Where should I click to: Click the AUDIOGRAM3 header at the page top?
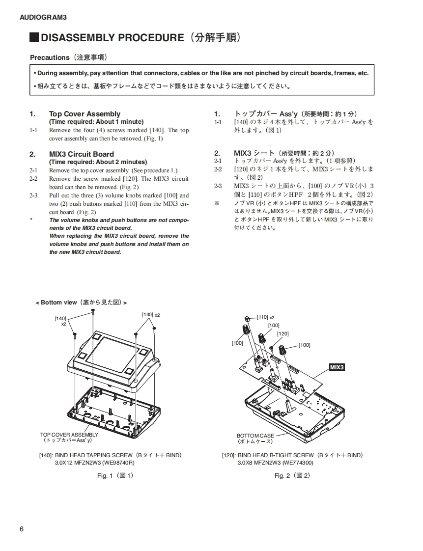[x=43, y=17]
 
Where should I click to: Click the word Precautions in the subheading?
[x=50, y=57]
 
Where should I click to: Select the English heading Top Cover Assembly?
[x=85, y=114]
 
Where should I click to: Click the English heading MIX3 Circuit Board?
[x=81, y=154]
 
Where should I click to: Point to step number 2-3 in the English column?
[x=33, y=195]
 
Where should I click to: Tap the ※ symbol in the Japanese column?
[x=217, y=203]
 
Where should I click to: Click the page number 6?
[x=22, y=529]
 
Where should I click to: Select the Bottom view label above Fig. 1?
[x=58, y=303]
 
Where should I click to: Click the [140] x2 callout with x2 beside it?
[x=151, y=314]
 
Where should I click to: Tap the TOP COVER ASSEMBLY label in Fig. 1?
[x=69, y=435]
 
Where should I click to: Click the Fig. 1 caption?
[x=115, y=475]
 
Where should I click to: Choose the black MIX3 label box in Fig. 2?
[x=337, y=367]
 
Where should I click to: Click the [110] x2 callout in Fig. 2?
[x=265, y=317]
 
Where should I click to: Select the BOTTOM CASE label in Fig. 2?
[x=255, y=436]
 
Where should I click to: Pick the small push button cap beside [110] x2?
[x=248, y=318]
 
